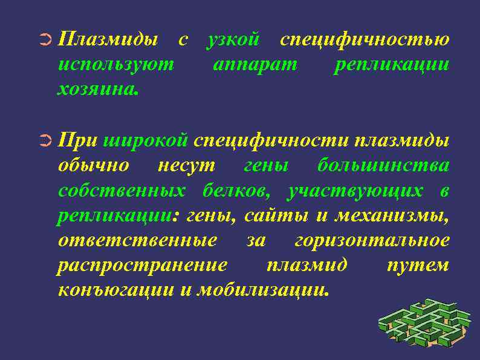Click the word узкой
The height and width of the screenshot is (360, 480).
point(233,40)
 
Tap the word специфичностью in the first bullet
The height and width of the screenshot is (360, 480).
point(365,40)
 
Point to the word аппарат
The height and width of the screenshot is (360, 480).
point(255,64)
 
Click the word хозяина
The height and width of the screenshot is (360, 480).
point(97,89)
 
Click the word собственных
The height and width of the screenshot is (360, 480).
point(122,190)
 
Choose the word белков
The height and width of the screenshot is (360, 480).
point(238,190)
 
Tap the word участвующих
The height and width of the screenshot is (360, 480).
point(355,191)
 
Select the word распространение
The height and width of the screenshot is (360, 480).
point(143,266)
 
